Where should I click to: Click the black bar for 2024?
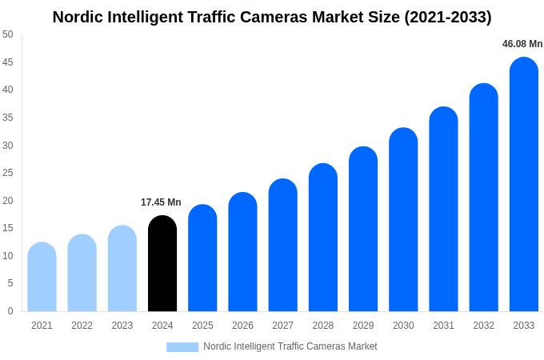(162, 264)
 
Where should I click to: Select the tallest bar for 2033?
(523, 185)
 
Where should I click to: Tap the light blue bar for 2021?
(42, 277)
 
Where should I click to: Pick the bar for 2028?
(323, 238)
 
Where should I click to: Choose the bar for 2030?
(403, 220)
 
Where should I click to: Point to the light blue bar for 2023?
(122, 269)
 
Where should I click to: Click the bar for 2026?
(242, 252)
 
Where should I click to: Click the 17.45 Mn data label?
(161, 202)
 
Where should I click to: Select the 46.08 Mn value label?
(522, 44)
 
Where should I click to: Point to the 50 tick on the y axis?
(7, 34)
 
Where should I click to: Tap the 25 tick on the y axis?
(7, 173)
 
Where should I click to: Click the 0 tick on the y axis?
(10, 311)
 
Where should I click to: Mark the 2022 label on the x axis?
(82, 326)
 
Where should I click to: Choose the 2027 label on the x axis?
(282, 326)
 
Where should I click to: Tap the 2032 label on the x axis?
(483, 326)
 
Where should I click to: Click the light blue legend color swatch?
(182, 347)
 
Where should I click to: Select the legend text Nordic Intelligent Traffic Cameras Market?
(290, 346)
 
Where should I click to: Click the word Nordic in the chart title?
(78, 17)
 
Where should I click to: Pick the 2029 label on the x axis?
(363, 326)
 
